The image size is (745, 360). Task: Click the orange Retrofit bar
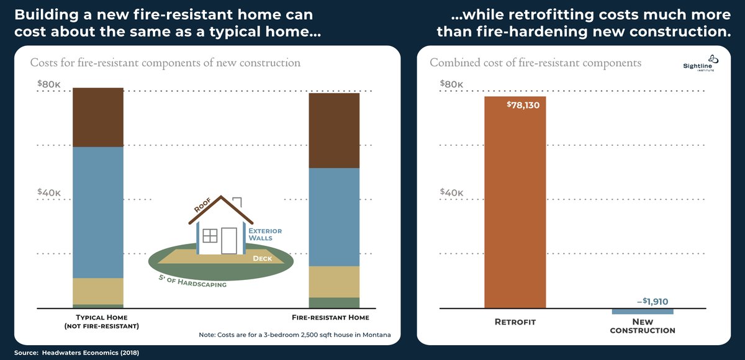pyautogui.click(x=515, y=205)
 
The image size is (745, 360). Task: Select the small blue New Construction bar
pyautogui.click(x=643, y=311)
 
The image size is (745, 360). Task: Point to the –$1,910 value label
pyautogui.click(x=652, y=302)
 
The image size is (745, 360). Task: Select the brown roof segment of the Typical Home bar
pyautogui.click(x=98, y=117)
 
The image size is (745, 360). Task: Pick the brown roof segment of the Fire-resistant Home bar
pyautogui.click(x=335, y=130)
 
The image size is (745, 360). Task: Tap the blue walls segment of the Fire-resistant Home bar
pyautogui.click(x=335, y=217)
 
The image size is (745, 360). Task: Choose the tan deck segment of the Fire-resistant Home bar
pyautogui.click(x=335, y=282)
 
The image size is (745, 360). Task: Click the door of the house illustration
pyautogui.click(x=229, y=241)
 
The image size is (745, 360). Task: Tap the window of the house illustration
pyautogui.click(x=210, y=236)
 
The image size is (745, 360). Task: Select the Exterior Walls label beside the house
pyautogui.click(x=260, y=234)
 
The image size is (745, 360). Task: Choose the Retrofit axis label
pyautogui.click(x=515, y=322)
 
